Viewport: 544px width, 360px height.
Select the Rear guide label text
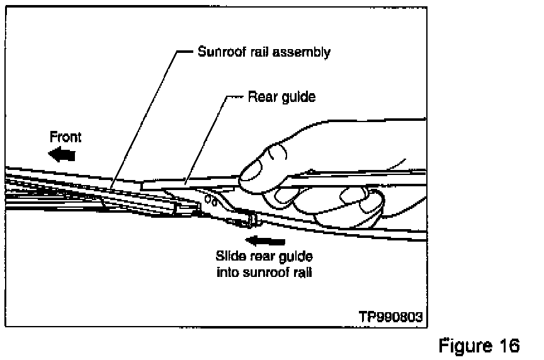pyautogui.click(x=281, y=97)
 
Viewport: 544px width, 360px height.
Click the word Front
pyautogui.click(x=65, y=137)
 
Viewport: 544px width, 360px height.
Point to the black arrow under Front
pyautogui.click(x=63, y=154)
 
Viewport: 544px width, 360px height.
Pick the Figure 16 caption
pyautogui.click(x=479, y=346)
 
